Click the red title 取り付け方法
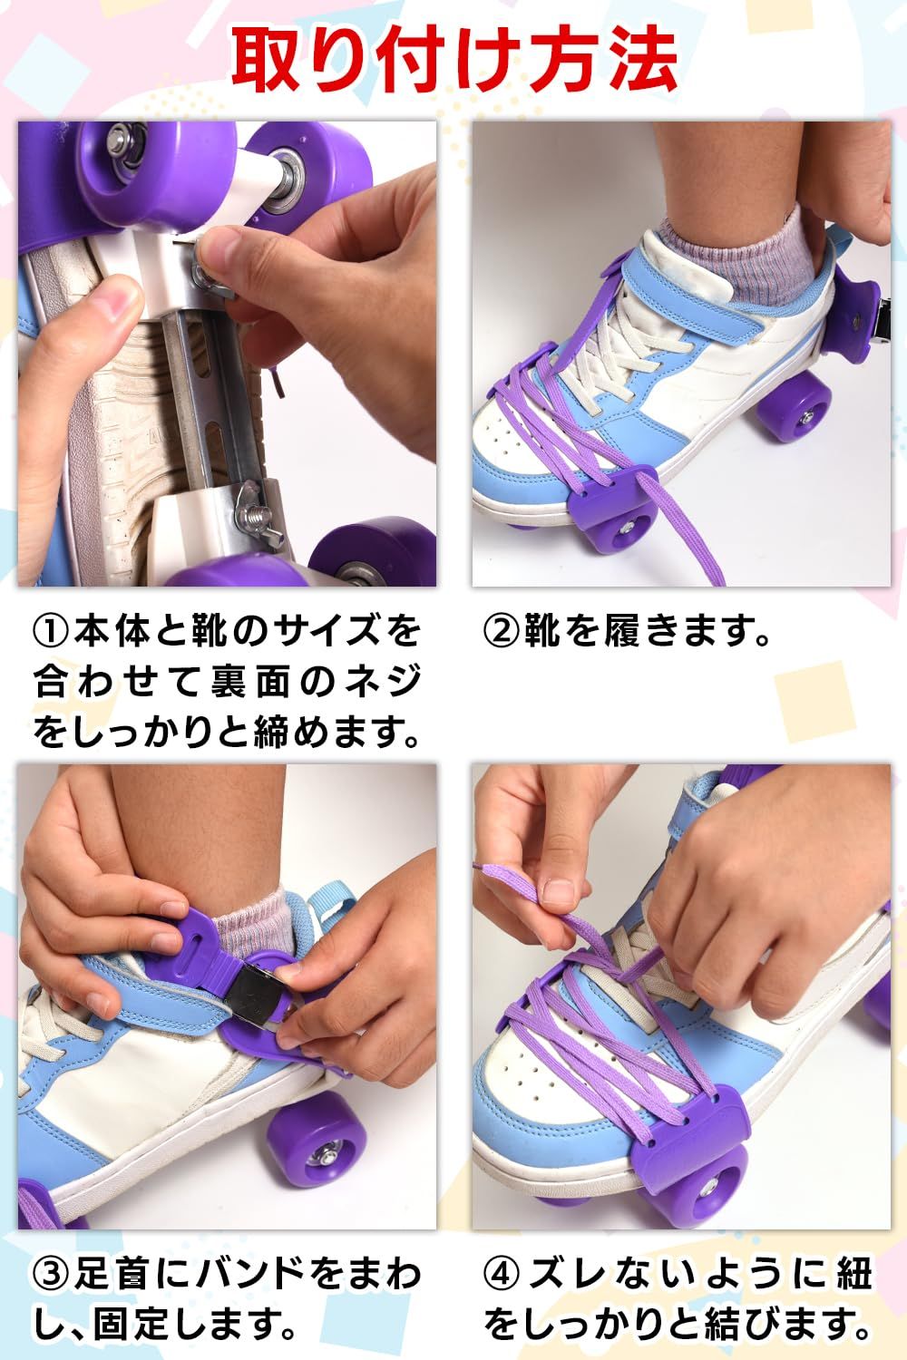pos(454,60)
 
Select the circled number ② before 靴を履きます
pos(501,631)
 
